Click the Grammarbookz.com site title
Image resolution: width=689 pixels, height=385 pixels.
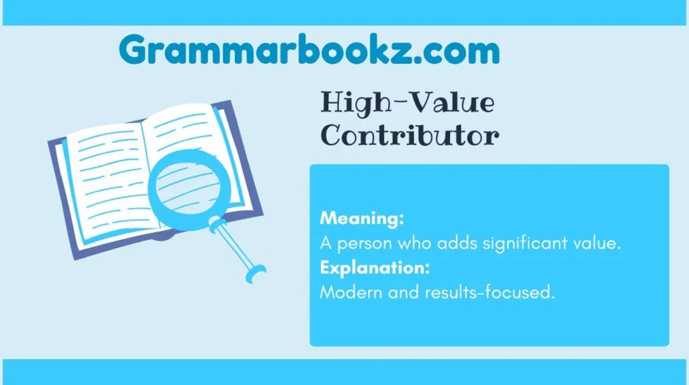click(x=309, y=51)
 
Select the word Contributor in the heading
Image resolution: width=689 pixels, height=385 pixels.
click(x=409, y=136)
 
